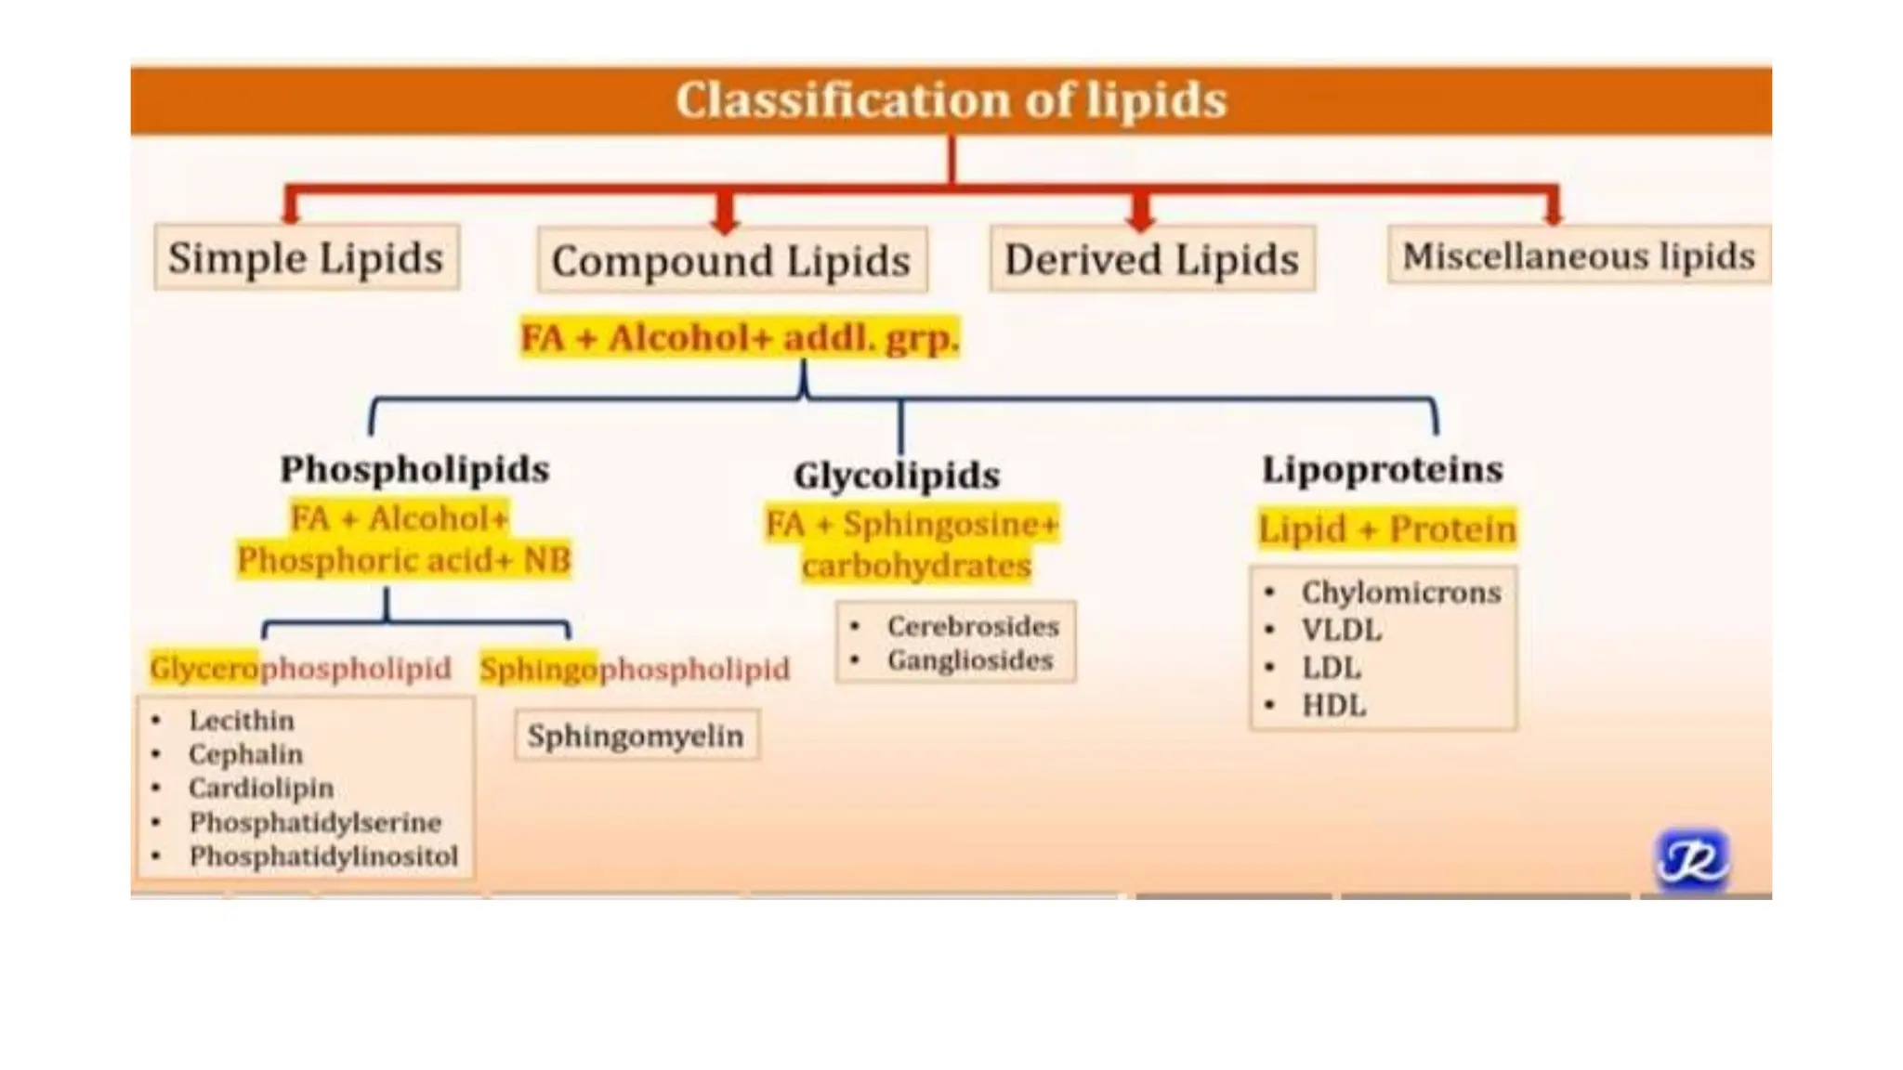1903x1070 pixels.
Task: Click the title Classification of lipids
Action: [x=951, y=99]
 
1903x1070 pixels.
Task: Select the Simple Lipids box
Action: [x=306, y=257]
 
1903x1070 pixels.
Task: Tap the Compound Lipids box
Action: [x=731, y=260]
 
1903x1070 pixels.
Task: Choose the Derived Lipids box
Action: [x=1151, y=259]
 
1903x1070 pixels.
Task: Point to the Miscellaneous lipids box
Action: [x=1578, y=255]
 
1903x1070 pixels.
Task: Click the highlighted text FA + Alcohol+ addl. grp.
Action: [x=739, y=337]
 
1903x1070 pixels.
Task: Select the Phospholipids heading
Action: [x=414, y=469]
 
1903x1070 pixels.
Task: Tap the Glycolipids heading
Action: [x=897, y=475]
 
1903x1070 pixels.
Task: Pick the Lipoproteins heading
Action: [x=1382, y=469]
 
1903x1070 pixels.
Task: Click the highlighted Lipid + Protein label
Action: [x=1386, y=529]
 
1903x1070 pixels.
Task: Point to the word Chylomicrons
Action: [x=1400, y=592]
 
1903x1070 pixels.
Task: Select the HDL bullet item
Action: [x=1333, y=705]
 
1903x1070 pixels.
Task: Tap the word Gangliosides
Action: [x=970, y=660]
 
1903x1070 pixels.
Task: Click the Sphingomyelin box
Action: [x=636, y=736]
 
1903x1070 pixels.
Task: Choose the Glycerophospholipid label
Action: [x=300, y=668]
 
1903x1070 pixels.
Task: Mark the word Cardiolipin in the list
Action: [x=261, y=788]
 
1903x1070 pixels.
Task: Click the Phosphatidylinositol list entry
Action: [x=323, y=855]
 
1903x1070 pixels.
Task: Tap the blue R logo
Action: [x=1692, y=858]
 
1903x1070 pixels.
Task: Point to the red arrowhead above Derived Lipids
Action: [x=1140, y=215]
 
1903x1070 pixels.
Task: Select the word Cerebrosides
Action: [x=973, y=626]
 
